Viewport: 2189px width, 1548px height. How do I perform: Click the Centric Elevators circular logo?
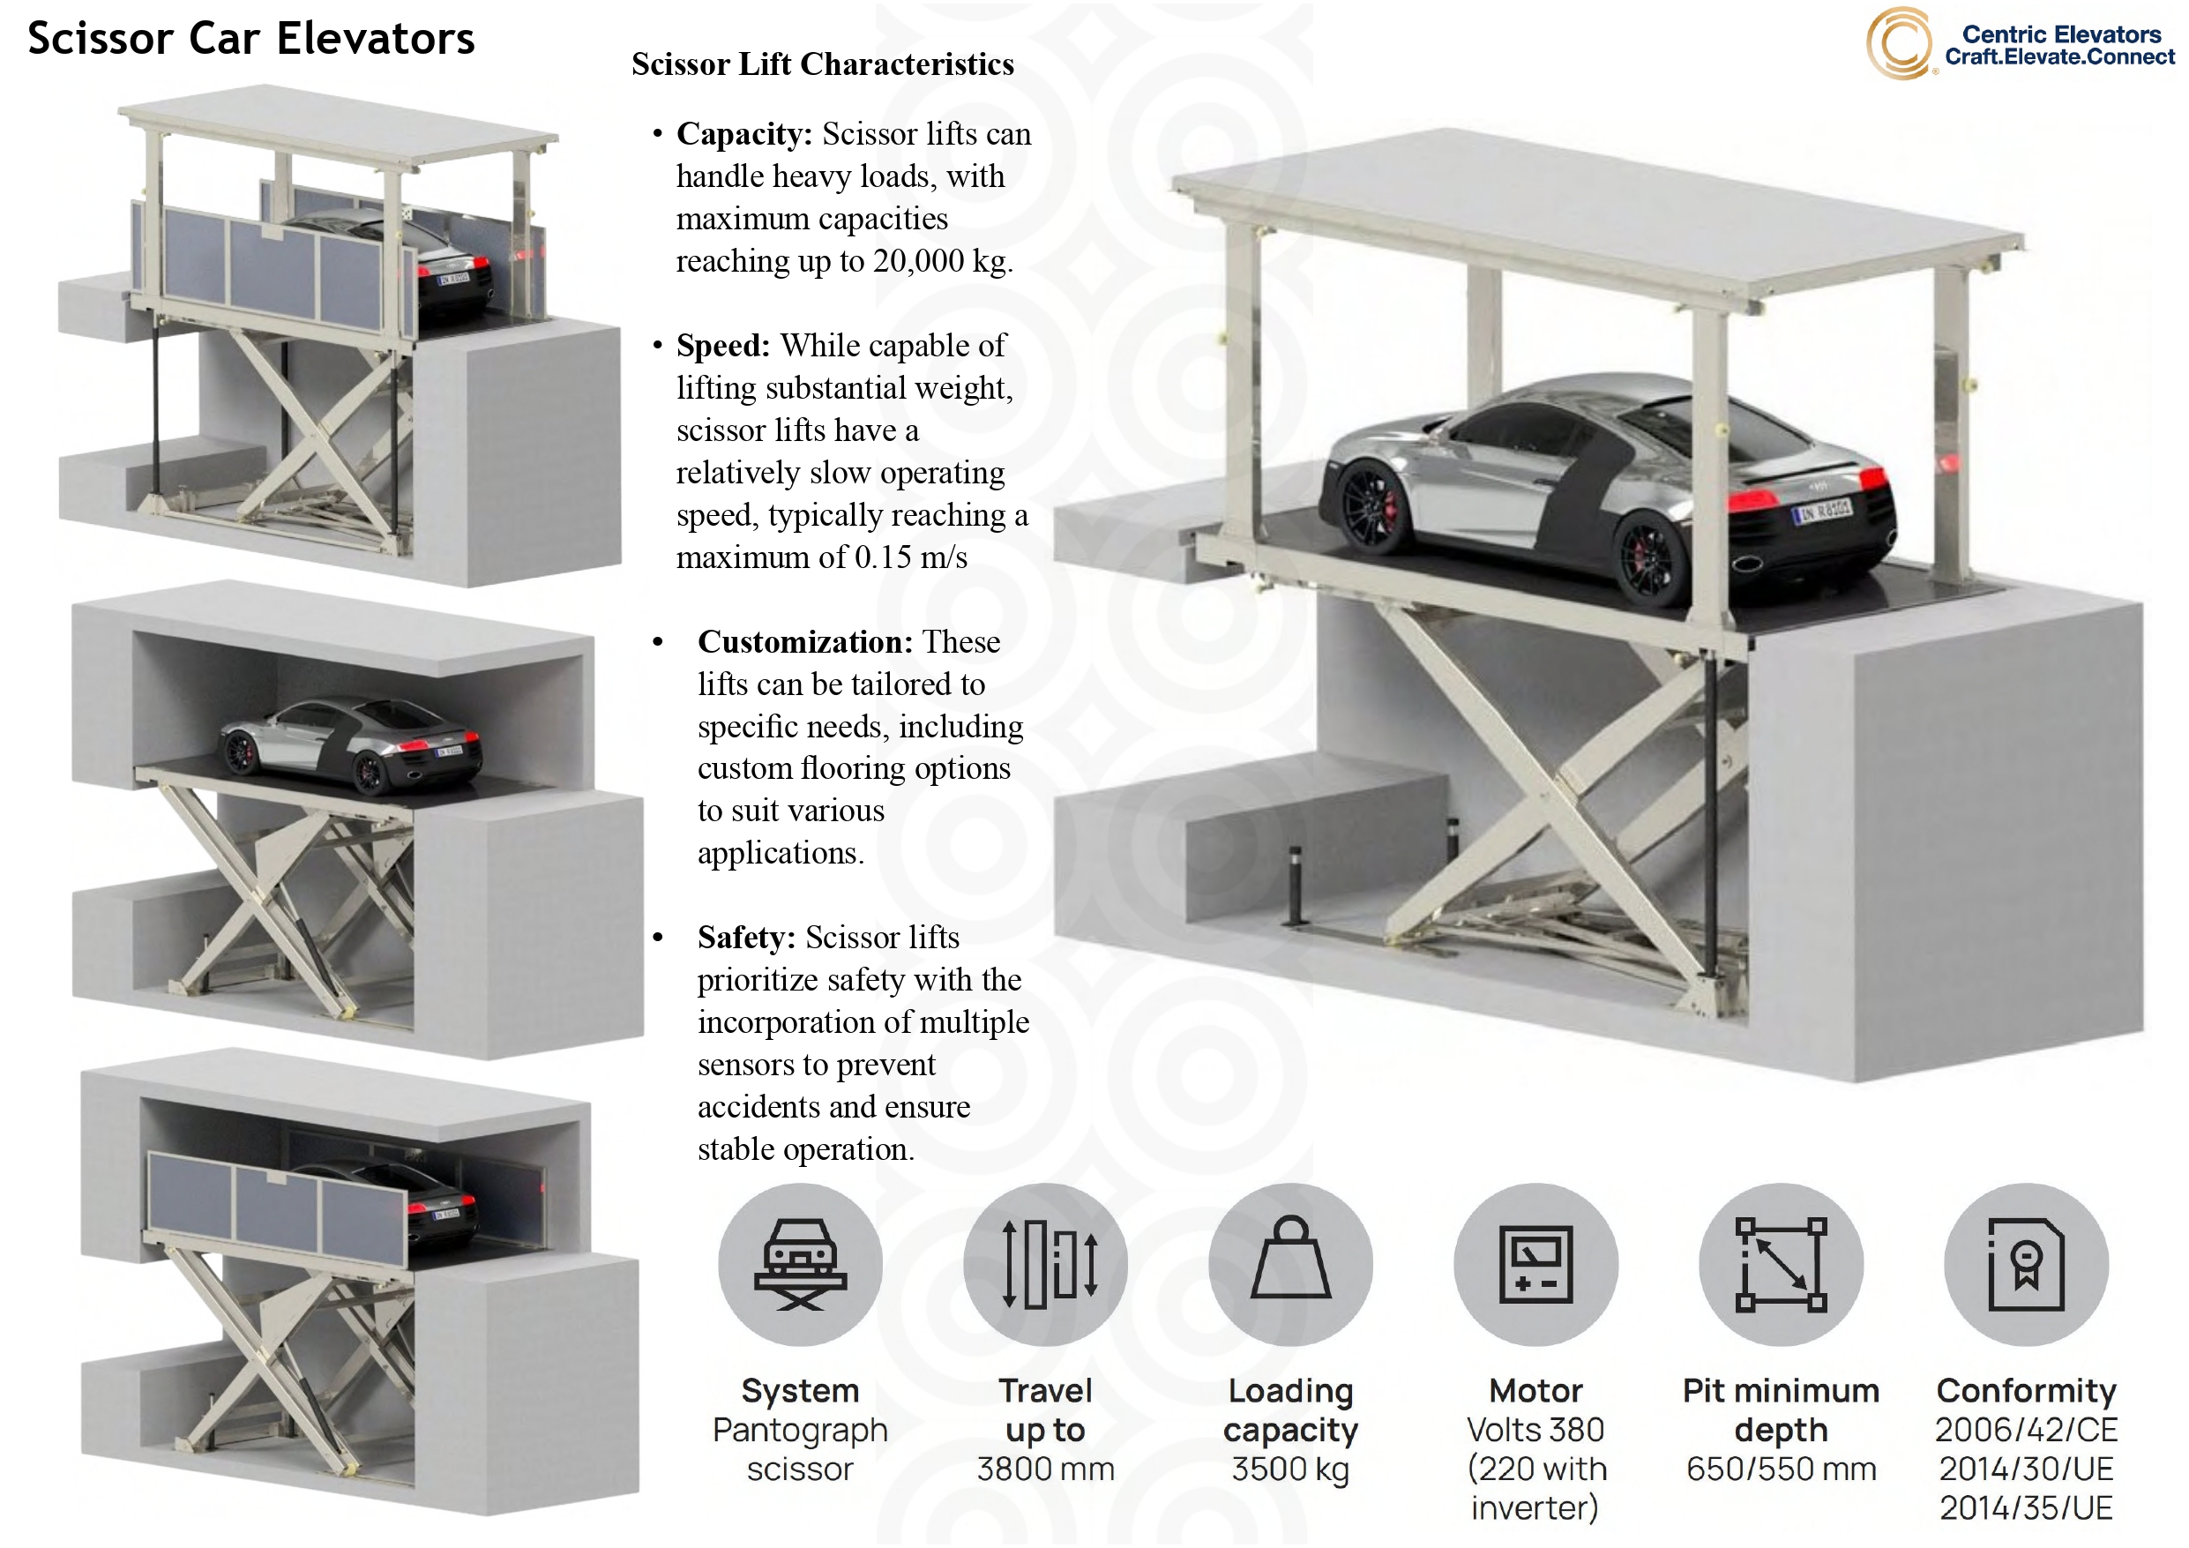[1898, 44]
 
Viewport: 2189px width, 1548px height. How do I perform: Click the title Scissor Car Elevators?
[250, 39]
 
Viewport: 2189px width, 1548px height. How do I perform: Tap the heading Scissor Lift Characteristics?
[822, 64]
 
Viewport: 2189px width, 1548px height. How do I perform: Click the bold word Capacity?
[743, 133]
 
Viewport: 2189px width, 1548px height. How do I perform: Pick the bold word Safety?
[745, 938]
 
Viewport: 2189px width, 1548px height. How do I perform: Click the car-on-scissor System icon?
[800, 1265]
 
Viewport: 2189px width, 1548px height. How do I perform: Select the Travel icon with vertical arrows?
[1045, 1265]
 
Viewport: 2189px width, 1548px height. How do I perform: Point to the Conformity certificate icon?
[2026, 1265]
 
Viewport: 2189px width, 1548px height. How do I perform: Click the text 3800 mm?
[1045, 1469]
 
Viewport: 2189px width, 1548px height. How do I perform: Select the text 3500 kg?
[1290, 1469]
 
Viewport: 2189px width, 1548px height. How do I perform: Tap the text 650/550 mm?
[1781, 1469]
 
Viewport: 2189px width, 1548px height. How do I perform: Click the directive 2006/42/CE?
[2026, 1430]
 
